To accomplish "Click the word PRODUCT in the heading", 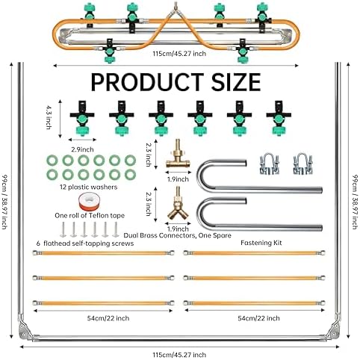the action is (147, 82).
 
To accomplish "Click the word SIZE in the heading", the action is (236, 82).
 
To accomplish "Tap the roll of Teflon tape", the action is (89, 202).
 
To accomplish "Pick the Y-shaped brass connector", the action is (178, 204).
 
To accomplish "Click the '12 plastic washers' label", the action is (89, 187).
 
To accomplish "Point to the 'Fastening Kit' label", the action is (261, 243).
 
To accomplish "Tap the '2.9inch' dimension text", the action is (82, 149).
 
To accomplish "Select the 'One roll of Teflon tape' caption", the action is (90, 216).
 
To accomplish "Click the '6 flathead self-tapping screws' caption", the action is (85, 243).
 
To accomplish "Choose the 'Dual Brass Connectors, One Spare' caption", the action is (178, 235).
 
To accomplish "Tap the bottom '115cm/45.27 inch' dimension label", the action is (179, 355).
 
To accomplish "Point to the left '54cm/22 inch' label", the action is (108, 318).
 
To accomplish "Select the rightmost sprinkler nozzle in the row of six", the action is (279, 118).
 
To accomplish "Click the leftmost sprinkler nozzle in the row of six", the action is (82, 118).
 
